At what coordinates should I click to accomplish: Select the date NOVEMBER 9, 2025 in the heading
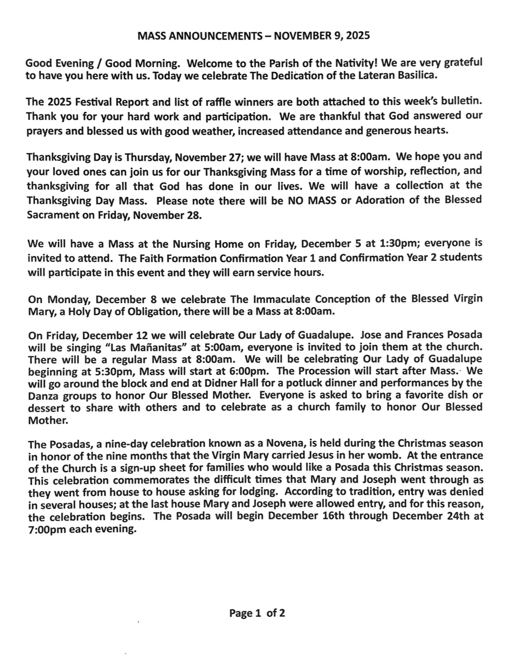click(x=322, y=36)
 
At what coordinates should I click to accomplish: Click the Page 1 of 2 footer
click(x=257, y=613)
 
